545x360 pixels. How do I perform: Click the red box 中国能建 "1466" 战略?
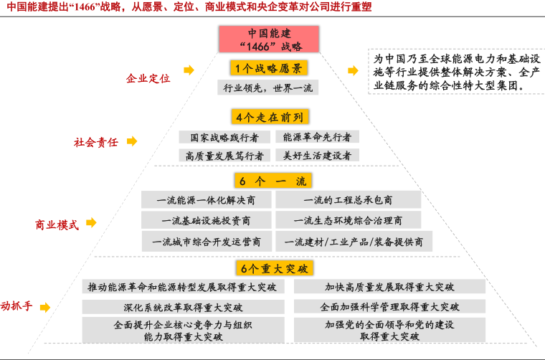click(269, 39)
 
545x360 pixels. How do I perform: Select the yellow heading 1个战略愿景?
click(269, 68)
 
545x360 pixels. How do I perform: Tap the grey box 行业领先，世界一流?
click(268, 87)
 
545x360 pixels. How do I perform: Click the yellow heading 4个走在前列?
click(270, 117)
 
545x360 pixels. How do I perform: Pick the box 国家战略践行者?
click(224, 137)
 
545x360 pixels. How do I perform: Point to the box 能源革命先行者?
click(317, 137)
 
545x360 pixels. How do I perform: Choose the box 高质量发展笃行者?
click(224, 156)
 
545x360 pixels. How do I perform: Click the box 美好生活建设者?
click(317, 155)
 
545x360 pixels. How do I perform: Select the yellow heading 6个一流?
click(272, 181)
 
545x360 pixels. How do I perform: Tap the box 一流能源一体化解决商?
click(206, 200)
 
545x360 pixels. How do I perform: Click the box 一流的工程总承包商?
click(348, 200)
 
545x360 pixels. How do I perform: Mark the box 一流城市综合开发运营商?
click(207, 242)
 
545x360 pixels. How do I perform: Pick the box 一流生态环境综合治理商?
click(348, 220)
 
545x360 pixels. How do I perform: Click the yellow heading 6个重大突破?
click(274, 268)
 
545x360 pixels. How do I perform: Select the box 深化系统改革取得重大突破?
click(183, 307)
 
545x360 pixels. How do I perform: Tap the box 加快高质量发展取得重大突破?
click(389, 287)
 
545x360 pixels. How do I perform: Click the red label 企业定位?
click(148, 78)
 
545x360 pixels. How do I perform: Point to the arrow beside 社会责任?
click(132, 141)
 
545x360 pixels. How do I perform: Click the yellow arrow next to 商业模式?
click(91, 222)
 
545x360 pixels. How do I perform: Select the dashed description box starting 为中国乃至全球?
click(457, 72)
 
